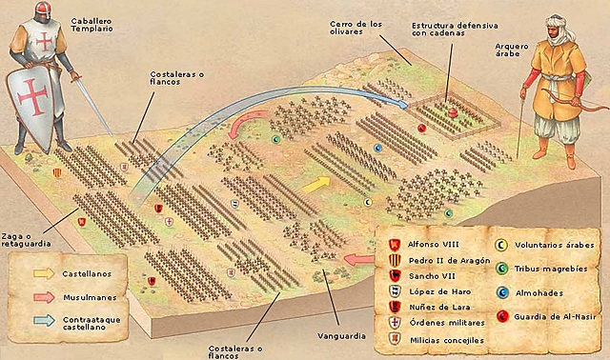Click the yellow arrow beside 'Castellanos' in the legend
43,273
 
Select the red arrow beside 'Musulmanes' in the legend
43,296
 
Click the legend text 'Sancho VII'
430,276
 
